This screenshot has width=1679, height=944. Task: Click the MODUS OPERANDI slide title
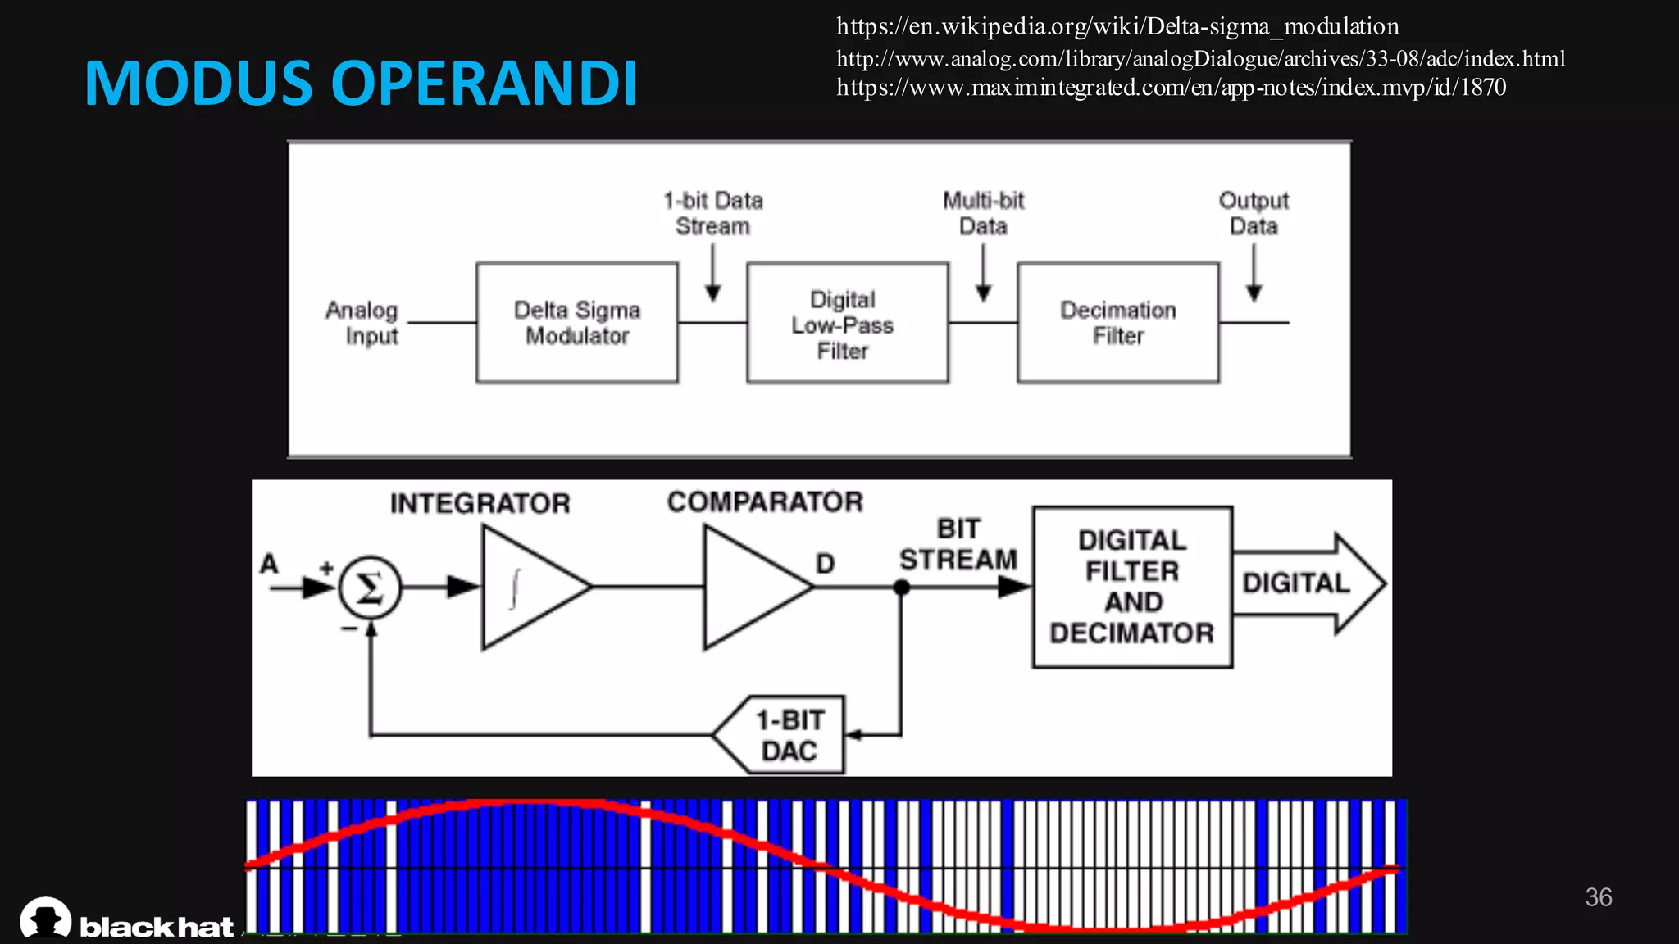(361, 84)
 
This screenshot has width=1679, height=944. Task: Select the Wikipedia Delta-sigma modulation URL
(1117, 27)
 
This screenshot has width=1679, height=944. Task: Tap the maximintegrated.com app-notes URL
(1171, 88)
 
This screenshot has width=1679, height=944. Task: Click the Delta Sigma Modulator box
(577, 323)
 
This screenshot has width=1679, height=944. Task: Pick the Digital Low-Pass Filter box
(847, 324)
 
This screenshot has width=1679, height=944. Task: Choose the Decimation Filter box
(1117, 323)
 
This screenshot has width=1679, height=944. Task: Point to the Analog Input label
(362, 323)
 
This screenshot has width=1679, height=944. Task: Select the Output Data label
(1254, 213)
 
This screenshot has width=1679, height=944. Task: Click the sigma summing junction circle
(370, 588)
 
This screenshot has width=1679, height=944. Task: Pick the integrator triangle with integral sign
(529, 588)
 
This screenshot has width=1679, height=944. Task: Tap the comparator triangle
(750, 588)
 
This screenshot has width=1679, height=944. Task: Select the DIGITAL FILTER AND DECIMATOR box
(1132, 587)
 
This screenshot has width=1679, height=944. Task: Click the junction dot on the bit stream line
(901, 588)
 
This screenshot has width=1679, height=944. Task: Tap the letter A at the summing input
(269, 564)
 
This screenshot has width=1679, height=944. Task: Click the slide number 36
(1598, 897)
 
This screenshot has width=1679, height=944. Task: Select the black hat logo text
(156, 927)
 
